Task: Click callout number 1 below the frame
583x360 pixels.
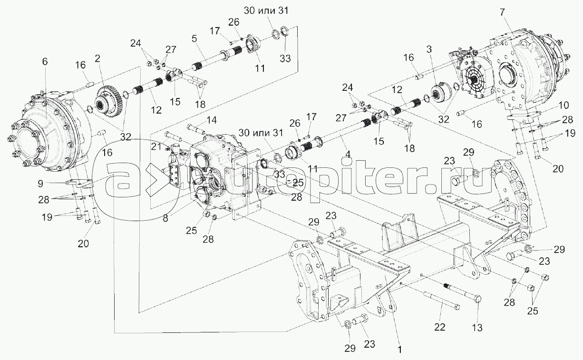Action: point(400,350)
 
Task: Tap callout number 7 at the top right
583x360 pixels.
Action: point(502,12)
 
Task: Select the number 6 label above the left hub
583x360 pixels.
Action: point(45,62)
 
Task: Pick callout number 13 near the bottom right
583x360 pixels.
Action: point(477,328)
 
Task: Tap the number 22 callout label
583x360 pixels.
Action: point(439,327)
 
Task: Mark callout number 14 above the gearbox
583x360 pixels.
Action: point(212,120)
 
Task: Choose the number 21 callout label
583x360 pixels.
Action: point(156,147)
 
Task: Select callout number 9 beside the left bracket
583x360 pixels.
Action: point(40,184)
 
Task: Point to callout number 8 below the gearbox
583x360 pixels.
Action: point(165,218)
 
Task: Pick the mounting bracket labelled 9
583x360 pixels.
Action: point(79,183)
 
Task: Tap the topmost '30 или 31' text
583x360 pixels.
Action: point(266,11)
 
